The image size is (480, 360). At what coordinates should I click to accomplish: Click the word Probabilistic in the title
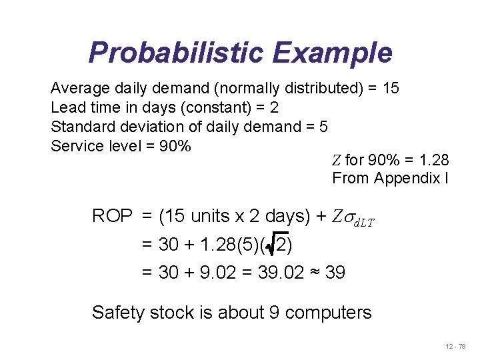pos(171,53)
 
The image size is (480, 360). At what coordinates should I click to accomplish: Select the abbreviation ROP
pos(113,217)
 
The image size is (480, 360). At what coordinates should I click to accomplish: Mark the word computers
pos(328,312)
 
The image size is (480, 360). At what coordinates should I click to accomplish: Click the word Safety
pos(114,312)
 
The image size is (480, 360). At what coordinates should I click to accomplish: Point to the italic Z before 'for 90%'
pos(337,160)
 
